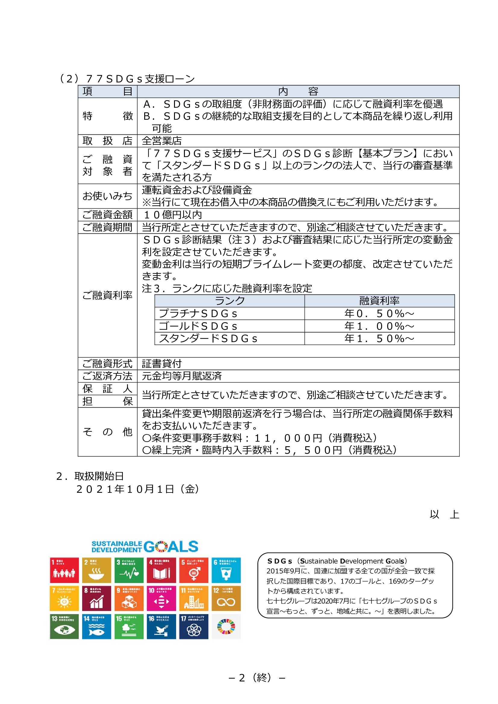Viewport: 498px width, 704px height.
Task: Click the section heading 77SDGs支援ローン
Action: [x=140, y=79]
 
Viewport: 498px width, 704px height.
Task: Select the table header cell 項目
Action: [x=107, y=91]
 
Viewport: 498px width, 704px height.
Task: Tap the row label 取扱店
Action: [x=107, y=141]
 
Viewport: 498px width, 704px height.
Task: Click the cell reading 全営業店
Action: [x=162, y=141]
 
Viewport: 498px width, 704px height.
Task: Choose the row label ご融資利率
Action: [x=107, y=295]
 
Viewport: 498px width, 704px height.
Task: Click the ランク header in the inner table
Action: [x=229, y=301]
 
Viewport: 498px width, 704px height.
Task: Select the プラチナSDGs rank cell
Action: [x=198, y=313]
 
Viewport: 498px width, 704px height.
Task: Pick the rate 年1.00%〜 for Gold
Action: [x=379, y=326]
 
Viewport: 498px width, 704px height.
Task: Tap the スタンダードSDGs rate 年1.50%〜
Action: [x=379, y=338]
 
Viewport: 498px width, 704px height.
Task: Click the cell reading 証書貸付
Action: [x=162, y=363]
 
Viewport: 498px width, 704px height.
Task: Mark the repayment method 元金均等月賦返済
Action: [x=182, y=376]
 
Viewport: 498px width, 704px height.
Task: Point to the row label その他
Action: [x=107, y=432]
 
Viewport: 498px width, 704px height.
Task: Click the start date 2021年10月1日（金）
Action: [x=138, y=489]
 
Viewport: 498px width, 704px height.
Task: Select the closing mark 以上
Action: [x=444, y=514]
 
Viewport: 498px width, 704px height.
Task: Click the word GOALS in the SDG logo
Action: [x=171, y=547]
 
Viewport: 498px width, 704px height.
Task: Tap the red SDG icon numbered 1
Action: [x=64, y=570]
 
